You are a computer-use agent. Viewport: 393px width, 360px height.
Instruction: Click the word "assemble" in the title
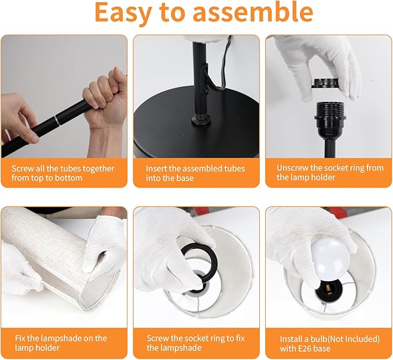[x=253, y=12]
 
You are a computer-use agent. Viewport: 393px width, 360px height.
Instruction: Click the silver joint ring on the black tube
[x=57, y=120]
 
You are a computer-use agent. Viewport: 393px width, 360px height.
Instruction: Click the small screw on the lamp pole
[x=207, y=92]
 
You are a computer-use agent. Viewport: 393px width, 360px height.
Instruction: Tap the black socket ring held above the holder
[x=325, y=83]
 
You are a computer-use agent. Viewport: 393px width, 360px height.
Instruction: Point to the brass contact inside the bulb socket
[x=328, y=292]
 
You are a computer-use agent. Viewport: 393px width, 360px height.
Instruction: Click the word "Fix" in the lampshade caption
[x=20, y=338]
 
